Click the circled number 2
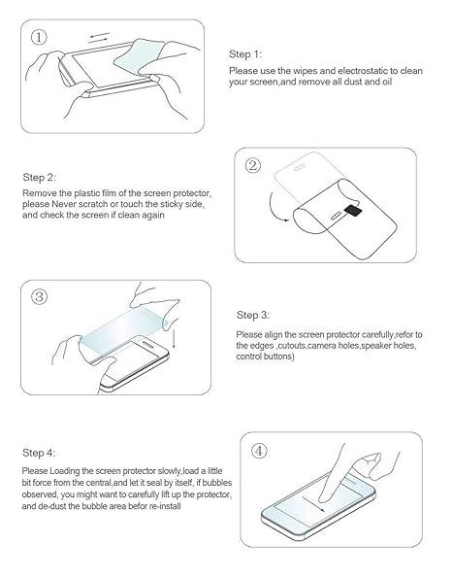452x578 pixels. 254,165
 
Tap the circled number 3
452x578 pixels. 40,296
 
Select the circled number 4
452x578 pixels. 259,451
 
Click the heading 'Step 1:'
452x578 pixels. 245,54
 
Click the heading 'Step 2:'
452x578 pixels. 39,179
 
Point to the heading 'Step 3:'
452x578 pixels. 253,316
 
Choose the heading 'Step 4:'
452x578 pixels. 39,454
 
